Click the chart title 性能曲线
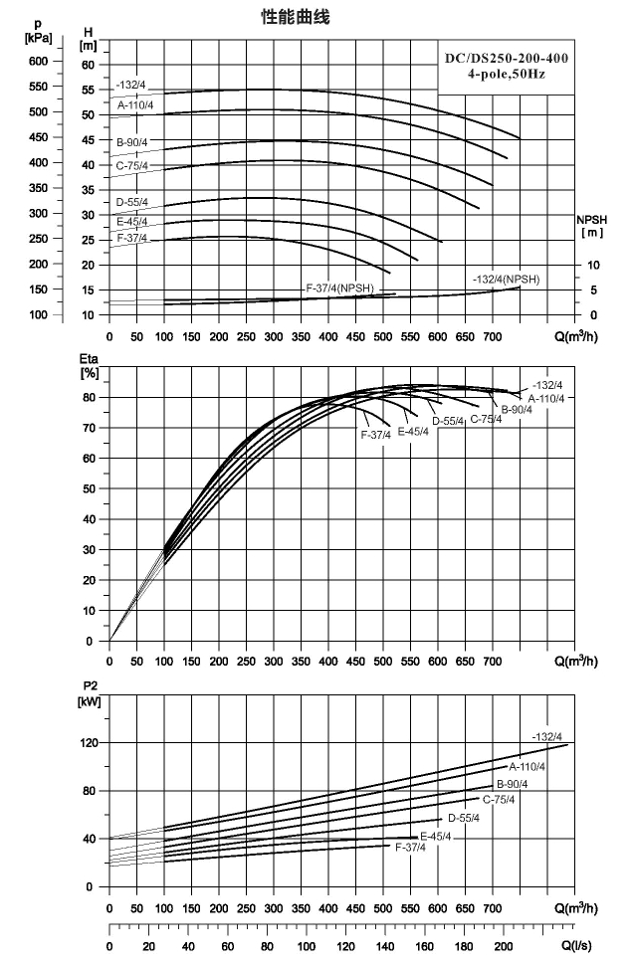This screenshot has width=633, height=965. point(296,17)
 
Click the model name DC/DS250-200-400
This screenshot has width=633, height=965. point(507,59)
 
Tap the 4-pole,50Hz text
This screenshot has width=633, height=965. point(507,75)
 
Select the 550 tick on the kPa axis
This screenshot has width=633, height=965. point(38,87)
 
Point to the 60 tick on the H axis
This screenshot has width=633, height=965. point(88,66)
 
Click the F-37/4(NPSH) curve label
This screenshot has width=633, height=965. point(340,289)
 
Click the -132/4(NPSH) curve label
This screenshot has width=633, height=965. point(507,280)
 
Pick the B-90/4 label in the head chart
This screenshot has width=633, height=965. point(132,142)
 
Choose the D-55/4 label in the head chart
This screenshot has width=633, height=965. point(132,202)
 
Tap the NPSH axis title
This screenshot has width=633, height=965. point(592,226)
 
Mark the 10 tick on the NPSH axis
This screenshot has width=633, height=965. point(593,266)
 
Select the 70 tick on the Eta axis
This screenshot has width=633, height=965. point(88,428)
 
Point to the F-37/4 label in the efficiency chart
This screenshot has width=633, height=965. point(375,435)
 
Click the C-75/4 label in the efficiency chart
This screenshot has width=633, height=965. point(486,419)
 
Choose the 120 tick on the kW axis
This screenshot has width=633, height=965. point(90,743)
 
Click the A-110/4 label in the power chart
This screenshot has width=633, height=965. point(527,767)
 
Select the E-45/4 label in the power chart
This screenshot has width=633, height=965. point(435,837)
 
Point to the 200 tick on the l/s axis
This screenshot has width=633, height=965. point(503,946)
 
